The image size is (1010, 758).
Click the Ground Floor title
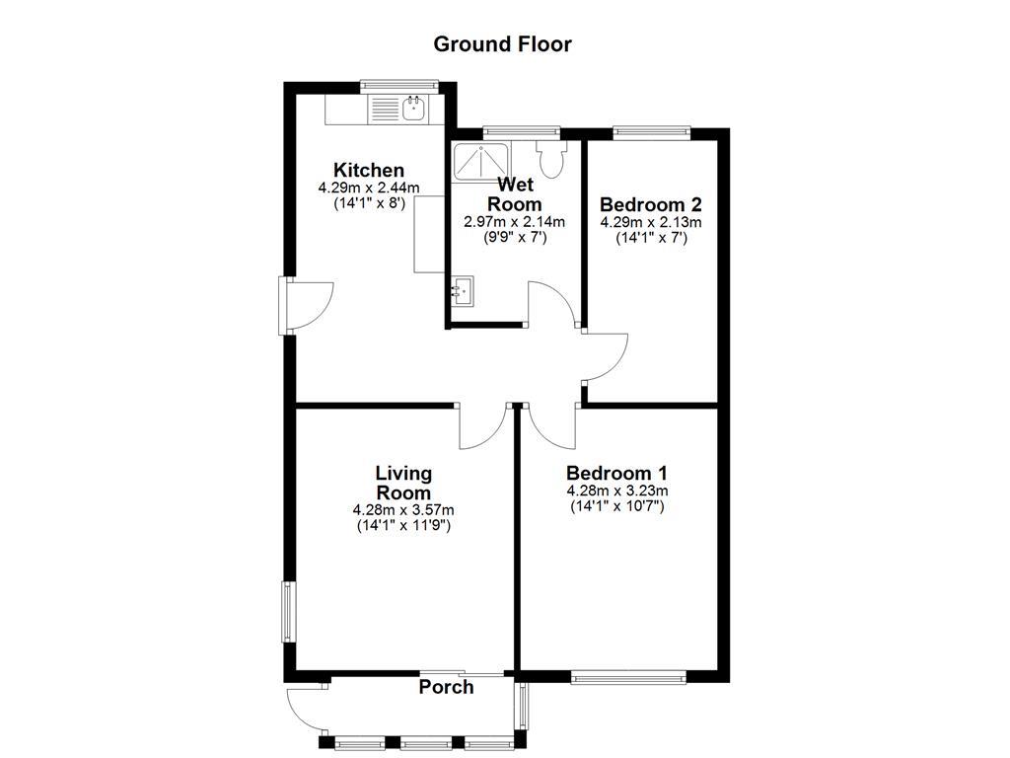502,44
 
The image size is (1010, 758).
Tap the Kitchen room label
369,170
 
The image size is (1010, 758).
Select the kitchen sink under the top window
414,108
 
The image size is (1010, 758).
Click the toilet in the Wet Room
550,158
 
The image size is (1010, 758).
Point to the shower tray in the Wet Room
480,159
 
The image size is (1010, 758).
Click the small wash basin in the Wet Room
462,291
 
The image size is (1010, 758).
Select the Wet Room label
514,194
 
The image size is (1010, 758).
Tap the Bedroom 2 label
651,205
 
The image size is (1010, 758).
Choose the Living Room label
403,484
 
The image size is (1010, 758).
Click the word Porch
446,687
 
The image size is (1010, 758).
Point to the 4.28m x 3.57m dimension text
403,510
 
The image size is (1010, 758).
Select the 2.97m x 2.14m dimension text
514,222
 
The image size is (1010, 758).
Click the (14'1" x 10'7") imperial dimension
616,506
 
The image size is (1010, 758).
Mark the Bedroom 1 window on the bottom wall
628,677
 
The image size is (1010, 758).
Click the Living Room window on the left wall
289,613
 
